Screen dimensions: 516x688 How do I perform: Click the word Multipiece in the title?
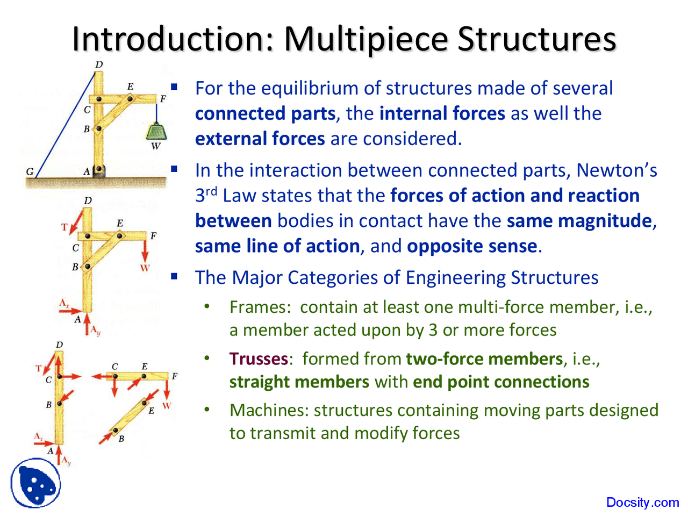(x=365, y=39)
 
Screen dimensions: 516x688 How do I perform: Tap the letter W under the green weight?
(x=156, y=146)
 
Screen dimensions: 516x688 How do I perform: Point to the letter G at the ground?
(x=30, y=171)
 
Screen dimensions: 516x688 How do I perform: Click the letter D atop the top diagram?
(x=99, y=65)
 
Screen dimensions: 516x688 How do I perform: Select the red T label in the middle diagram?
(x=65, y=227)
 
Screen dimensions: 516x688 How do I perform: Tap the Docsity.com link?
(x=642, y=503)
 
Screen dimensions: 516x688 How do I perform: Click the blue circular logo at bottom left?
(x=35, y=483)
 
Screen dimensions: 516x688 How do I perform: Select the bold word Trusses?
(x=259, y=359)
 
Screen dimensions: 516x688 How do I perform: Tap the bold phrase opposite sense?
(x=471, y=246)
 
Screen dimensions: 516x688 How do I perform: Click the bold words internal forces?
(x=442, y=113)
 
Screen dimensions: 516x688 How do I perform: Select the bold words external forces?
(x=260, y=139)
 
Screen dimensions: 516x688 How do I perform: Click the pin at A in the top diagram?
(x=98, y=170)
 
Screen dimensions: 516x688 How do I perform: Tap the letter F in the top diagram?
(x=163, y=99)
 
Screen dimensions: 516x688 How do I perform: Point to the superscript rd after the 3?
(x=211, y=191)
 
